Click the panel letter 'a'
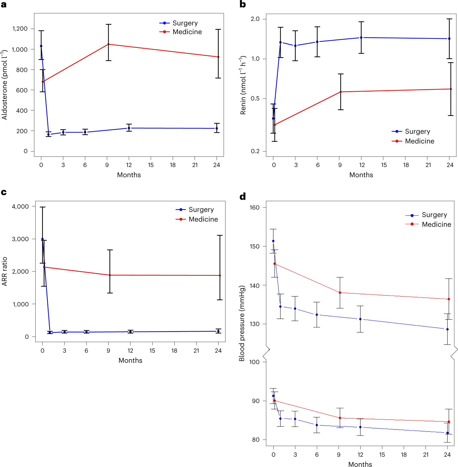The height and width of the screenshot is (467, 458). coord(4,4)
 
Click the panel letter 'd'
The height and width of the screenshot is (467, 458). coord(243,196)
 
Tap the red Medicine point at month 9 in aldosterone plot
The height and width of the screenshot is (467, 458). coord(108,44)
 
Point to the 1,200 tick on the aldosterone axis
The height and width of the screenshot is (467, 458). coord(20,29)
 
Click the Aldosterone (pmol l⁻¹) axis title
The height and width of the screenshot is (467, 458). coord(5,85)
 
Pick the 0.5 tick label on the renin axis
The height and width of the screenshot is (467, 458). coord(255,99)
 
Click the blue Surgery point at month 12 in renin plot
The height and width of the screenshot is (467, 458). coord(361,38)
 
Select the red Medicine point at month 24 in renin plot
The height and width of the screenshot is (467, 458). coord(451,89)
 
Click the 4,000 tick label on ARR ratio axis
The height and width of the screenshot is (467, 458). coord(20,206)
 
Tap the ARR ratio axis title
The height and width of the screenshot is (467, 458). coord(5,271)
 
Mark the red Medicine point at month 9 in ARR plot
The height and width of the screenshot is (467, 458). coord(110,275)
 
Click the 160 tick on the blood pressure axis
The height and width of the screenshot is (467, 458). coord(254,207)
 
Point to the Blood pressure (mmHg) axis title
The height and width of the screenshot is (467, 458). coord(242,323)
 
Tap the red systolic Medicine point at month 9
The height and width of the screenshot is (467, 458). coord(340,293)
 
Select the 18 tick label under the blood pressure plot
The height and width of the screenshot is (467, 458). coord(404,455)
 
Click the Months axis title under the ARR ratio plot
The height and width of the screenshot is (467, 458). coord(130,360)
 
